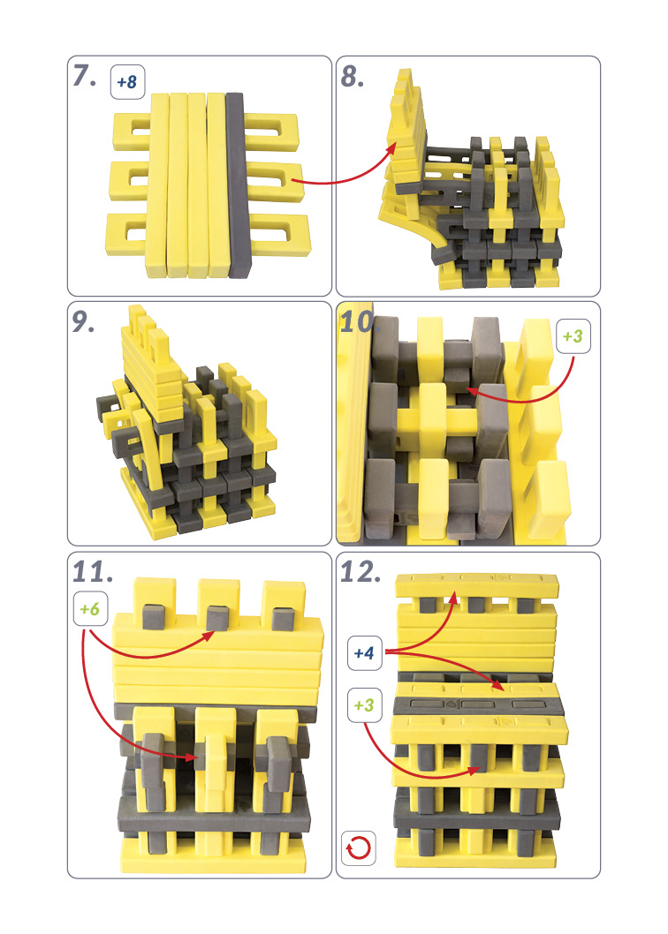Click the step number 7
84,76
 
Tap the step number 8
352,77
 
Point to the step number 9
83,321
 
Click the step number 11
93,572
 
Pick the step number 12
361,572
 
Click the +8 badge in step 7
127,81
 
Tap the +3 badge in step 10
573,336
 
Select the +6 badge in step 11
91,609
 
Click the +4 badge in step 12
364,653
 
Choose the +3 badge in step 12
364,705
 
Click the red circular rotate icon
359,847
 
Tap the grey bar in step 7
237,185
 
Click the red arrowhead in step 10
473,391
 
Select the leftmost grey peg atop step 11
153,616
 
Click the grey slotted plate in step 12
477,704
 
